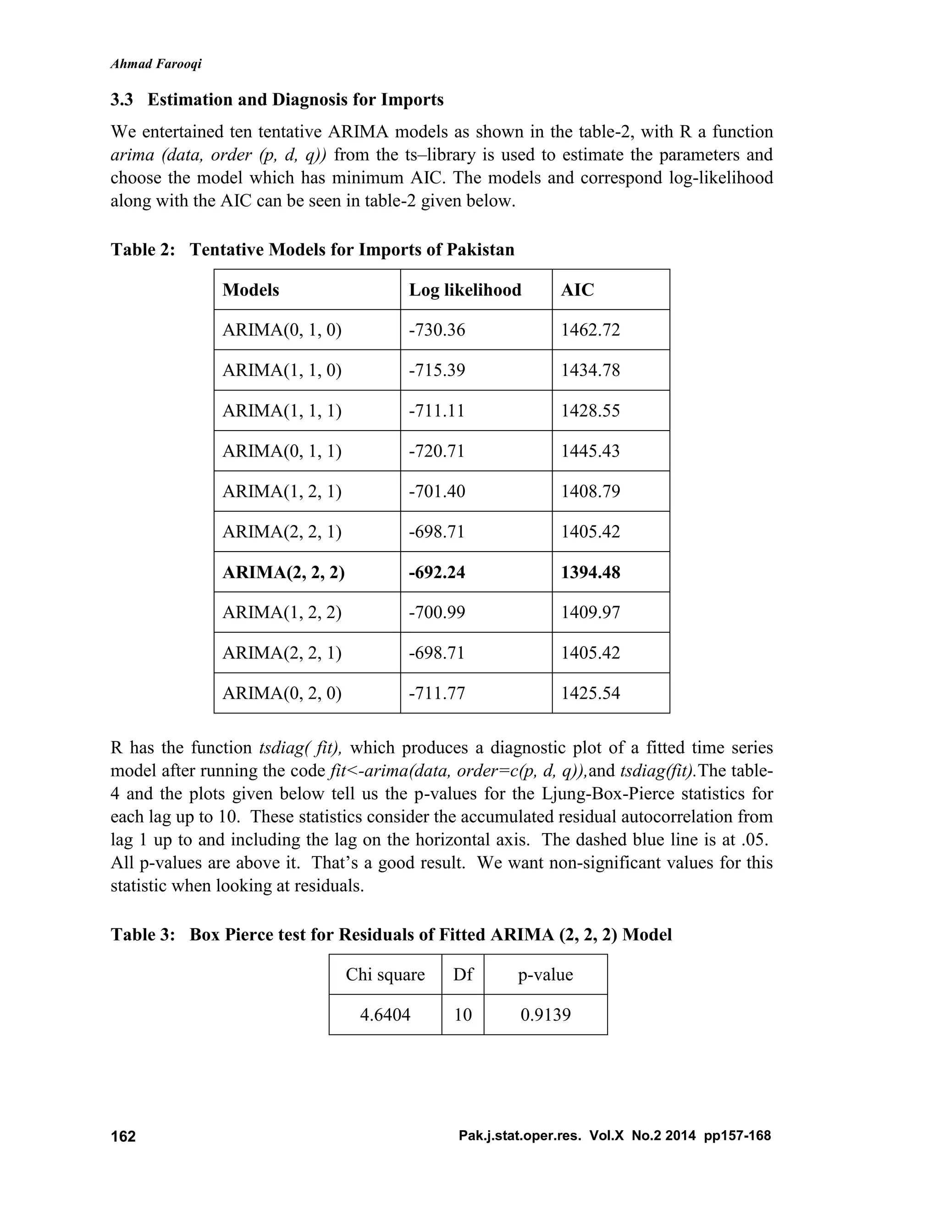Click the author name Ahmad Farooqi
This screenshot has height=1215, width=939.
[156, 64]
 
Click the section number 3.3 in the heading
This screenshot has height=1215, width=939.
[122, 100]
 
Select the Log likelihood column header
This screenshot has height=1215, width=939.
[465, 290]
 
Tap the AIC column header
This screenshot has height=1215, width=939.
[577, 290]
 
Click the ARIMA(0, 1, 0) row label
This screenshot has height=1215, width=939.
[282, 331]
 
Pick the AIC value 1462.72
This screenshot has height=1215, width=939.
[590, 331]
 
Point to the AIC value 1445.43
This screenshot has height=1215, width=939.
[590, 451]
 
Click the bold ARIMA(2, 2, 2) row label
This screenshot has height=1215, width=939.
[284, 573]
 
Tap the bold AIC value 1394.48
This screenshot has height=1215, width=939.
[590, 573]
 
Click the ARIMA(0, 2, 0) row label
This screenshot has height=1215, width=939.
[282, 693]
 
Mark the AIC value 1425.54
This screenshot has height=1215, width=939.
[590, 693]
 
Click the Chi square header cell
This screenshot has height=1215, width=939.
[385, 975]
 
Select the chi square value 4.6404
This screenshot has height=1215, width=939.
[385, 1015]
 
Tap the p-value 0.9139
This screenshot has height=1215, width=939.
[546, 1015]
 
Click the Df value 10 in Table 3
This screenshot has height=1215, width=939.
[463, 1015]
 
